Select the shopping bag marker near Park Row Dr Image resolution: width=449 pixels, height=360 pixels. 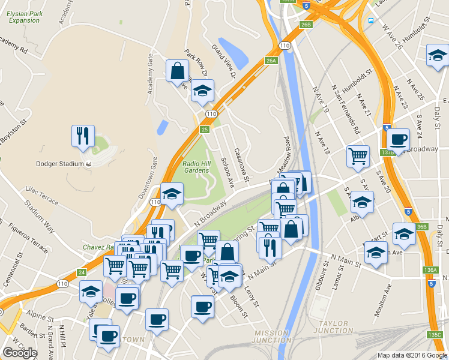coord(178,71)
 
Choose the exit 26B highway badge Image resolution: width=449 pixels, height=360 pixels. coord(306,25)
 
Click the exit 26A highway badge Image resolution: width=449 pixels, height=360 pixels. coord(271,60)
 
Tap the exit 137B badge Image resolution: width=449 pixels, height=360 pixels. coord(388,152)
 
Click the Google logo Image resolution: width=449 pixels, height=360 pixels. coord(20,352)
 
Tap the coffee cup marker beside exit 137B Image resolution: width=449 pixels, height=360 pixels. coord(397,140)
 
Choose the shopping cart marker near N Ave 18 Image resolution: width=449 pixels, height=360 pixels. coord(358,156)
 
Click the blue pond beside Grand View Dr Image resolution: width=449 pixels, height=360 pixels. coord(234,54)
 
